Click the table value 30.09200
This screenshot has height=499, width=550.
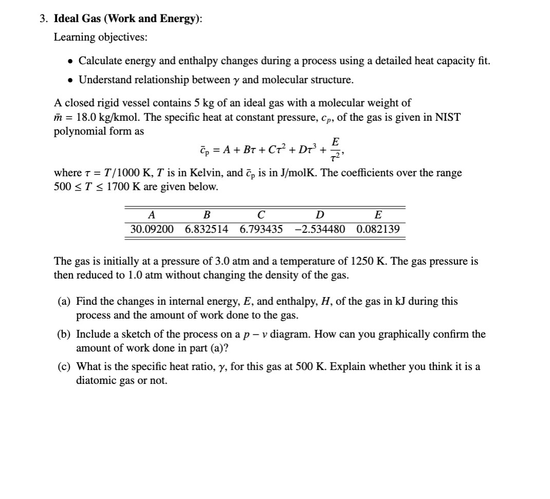tap(152, 229)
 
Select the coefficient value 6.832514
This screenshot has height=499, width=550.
tap(207, 229)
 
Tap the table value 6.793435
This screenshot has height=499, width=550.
tap(261, 229)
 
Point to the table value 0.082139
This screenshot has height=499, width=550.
tap(377, 229)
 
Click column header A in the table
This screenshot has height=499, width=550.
tap(151, 215)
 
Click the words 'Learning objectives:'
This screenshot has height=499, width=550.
tap(87, 38)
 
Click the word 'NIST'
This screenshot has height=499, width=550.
tap(448, 117)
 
